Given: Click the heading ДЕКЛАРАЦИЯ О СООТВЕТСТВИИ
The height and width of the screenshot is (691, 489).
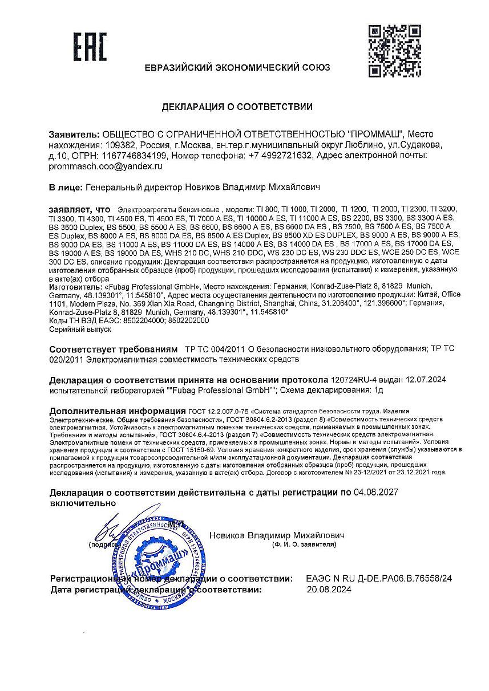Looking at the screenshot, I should [237, 107].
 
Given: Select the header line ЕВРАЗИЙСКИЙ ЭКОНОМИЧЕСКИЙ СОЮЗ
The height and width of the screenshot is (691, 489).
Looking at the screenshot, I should [237, 67].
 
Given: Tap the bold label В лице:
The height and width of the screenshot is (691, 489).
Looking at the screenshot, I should [65, 186].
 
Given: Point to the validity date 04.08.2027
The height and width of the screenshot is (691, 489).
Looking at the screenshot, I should [376, 492].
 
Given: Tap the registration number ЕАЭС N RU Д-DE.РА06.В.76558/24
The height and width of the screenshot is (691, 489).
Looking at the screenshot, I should [379, 578].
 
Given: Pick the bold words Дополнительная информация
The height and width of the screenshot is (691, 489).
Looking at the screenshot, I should [118, 410].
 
